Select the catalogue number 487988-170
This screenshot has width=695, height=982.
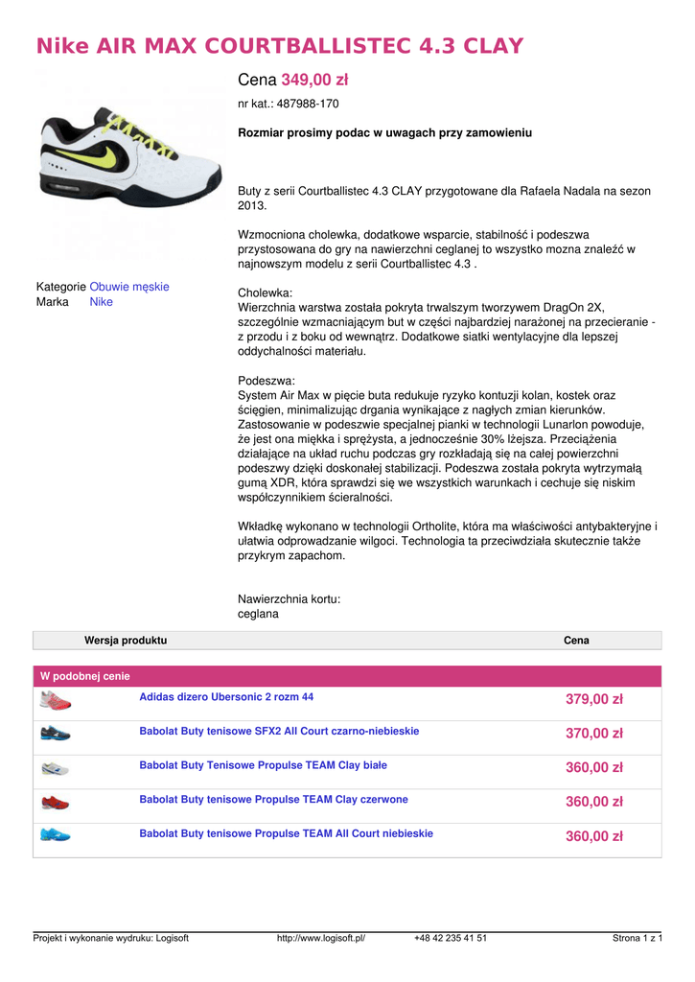click(302, 104)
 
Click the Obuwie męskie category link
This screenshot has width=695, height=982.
click(129, 287)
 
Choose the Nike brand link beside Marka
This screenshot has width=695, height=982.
click(102, 302)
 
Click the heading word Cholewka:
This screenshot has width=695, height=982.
click(265, 292)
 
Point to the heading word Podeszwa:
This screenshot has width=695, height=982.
click(266, 381)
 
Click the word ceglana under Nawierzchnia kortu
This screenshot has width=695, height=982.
click(258, 614)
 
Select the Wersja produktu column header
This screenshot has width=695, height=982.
click(126, 640)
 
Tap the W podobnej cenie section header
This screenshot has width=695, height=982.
click(84, 676)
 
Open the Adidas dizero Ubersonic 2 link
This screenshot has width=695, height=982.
click(226, 697)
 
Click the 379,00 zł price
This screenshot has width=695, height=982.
click(594, 700)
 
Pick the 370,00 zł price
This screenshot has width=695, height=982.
click(594, 734)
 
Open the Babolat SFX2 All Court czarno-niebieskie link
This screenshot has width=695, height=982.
click(279, 732)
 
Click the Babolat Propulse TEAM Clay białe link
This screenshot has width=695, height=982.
click(264, 765)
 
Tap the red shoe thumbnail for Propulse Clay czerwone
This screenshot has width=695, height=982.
click(56, 801)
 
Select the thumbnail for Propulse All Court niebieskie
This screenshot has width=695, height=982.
click(56, 834)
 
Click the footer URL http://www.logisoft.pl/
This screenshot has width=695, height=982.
click(321, 938)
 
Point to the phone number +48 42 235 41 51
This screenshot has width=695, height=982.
click(451, 938)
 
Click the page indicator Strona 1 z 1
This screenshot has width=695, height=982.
click(637, 938)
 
